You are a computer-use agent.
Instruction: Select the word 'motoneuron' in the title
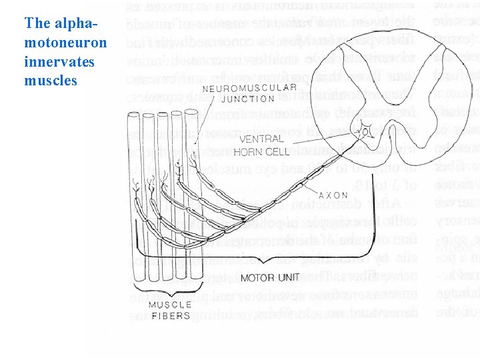[65, 43]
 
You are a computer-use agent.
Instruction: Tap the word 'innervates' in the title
[59, 61]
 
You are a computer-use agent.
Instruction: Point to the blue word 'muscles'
[51, 81]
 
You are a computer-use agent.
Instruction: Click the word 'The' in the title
[37, 24]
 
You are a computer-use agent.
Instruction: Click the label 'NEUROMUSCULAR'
[249, 89]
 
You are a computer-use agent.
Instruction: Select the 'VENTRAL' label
[261, 139]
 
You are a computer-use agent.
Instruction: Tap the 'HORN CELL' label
[264, 151]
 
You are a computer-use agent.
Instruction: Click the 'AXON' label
[334, 195]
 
